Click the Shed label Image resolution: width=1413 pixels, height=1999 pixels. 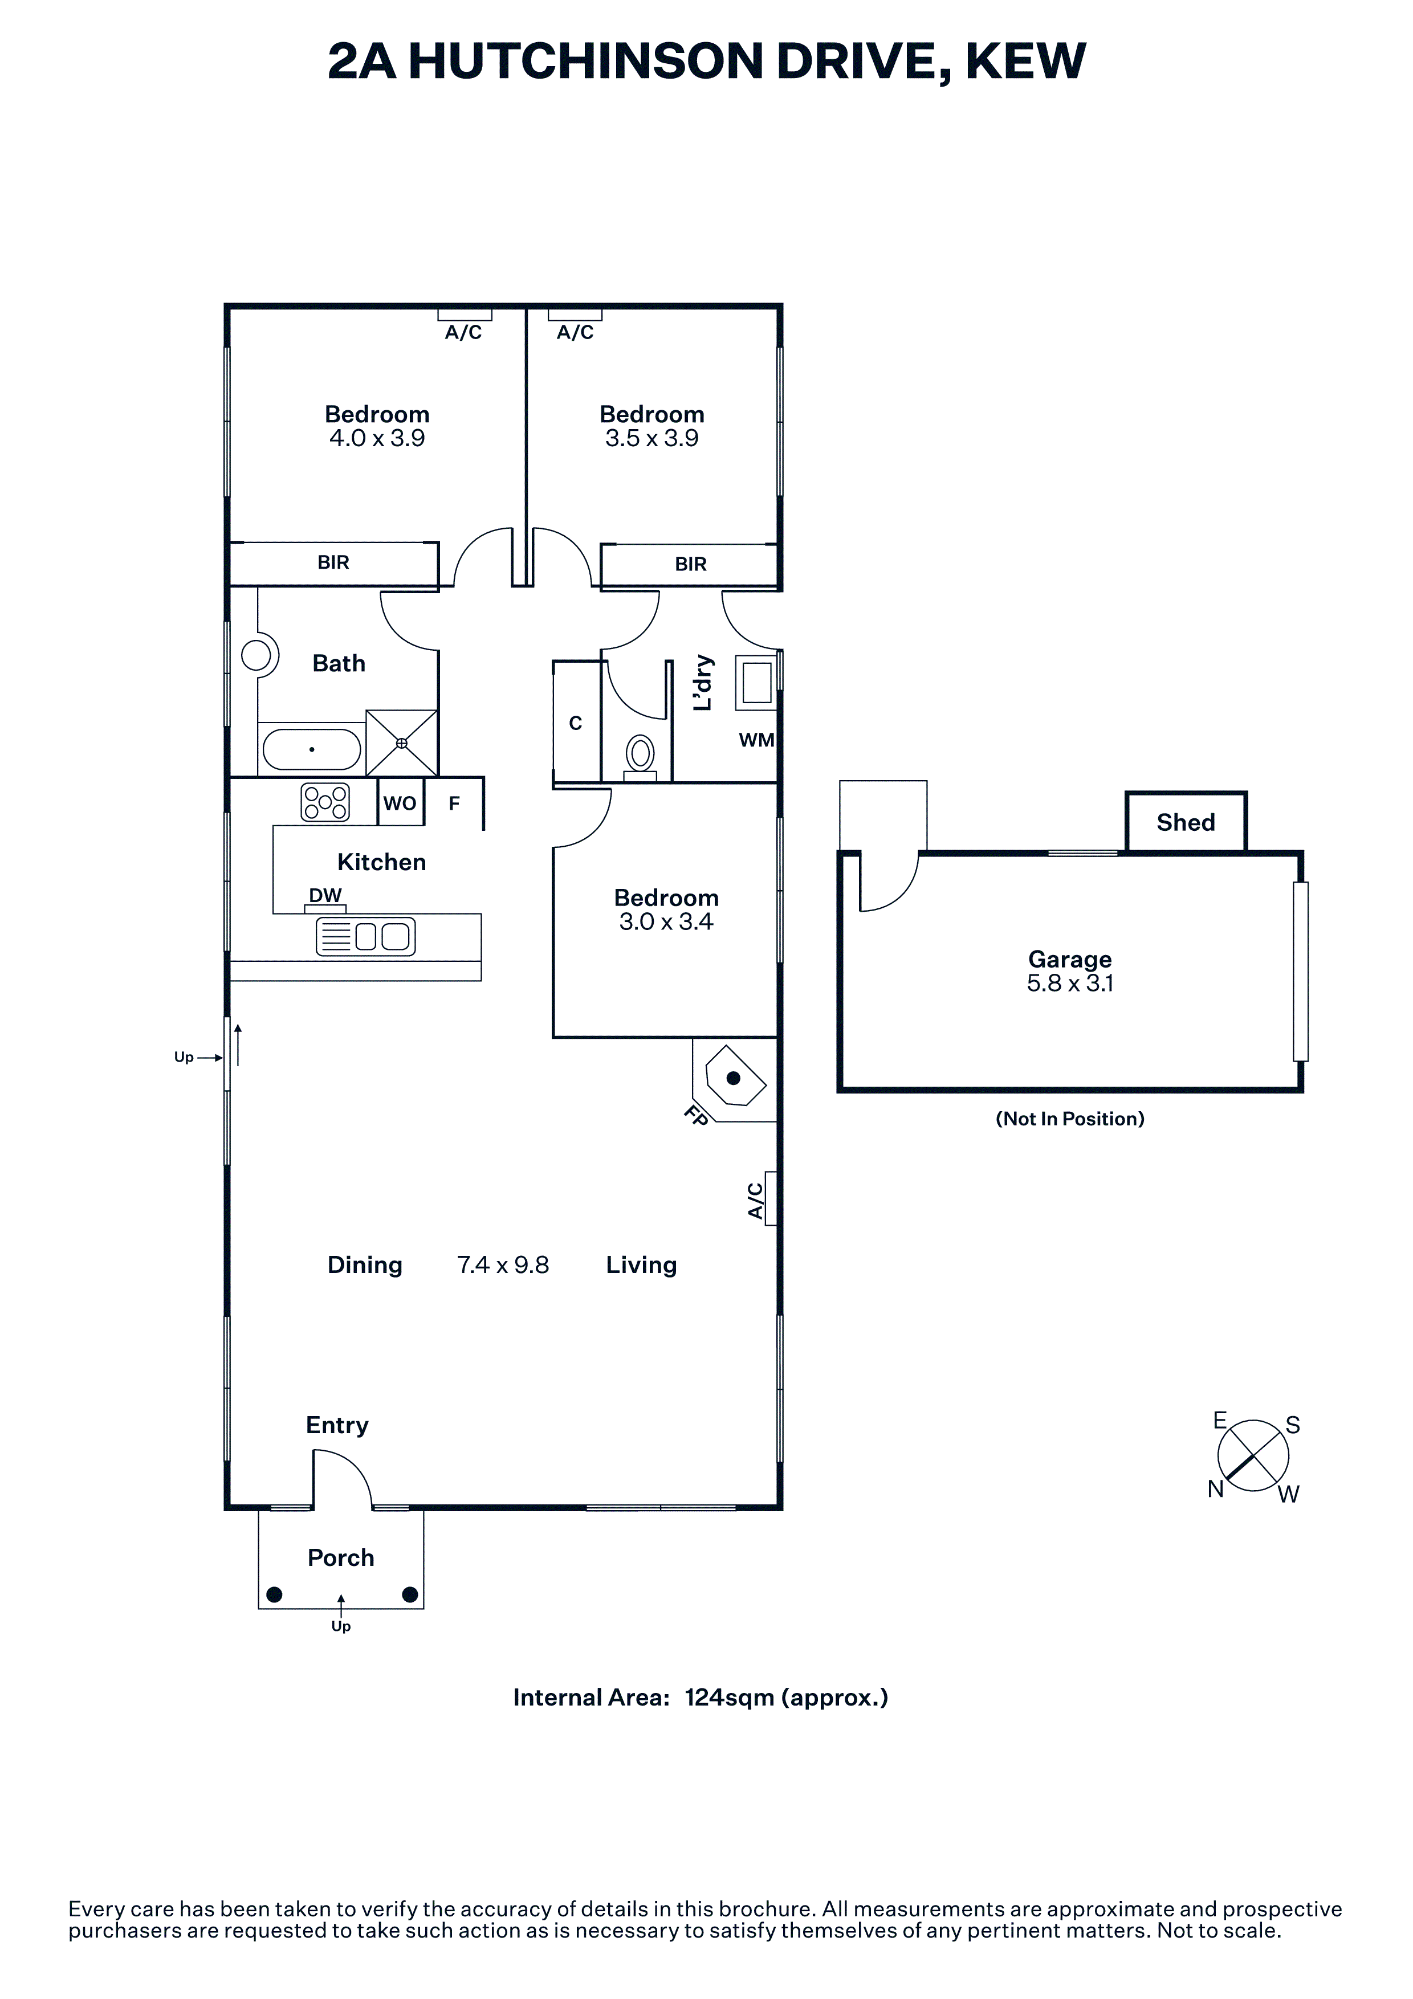click(1185, 823)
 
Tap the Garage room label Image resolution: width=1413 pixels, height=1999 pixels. click(1070, 960)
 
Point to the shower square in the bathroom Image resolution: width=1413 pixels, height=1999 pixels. click(401, 743)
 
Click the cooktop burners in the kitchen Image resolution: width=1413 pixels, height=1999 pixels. click(325, 802)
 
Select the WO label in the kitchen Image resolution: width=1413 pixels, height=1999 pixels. click(400, 803)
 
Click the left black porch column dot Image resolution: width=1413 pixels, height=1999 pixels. click(274, 1595)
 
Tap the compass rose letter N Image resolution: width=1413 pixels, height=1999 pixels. click(1215, 1490)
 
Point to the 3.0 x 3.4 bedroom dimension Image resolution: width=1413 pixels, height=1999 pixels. click(666, 922)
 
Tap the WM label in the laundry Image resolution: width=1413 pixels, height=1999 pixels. click(756, 740)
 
